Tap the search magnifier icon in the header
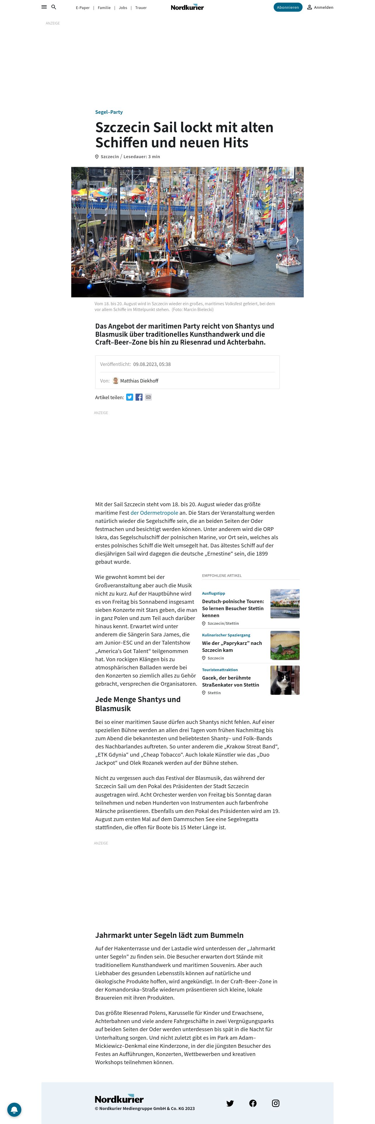tap(54, 7)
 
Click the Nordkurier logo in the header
tap(187, 7)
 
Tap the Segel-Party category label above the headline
tap(109, 112)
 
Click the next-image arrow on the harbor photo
tap(297, 240)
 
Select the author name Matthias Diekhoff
tap(139, 381)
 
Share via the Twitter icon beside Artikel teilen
tap(130, 397)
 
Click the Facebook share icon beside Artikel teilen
tap(139, 397)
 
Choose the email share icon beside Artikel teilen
tap(148, 397)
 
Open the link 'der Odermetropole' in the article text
tap(154, 513)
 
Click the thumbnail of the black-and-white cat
tap(285, 680)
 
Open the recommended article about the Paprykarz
tap(232, 646)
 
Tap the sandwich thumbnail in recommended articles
tap(285, 645)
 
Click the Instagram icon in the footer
tap(275, 1103)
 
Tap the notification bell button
tap(14, 1109)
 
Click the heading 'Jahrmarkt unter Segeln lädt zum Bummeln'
tap(169, 935)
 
